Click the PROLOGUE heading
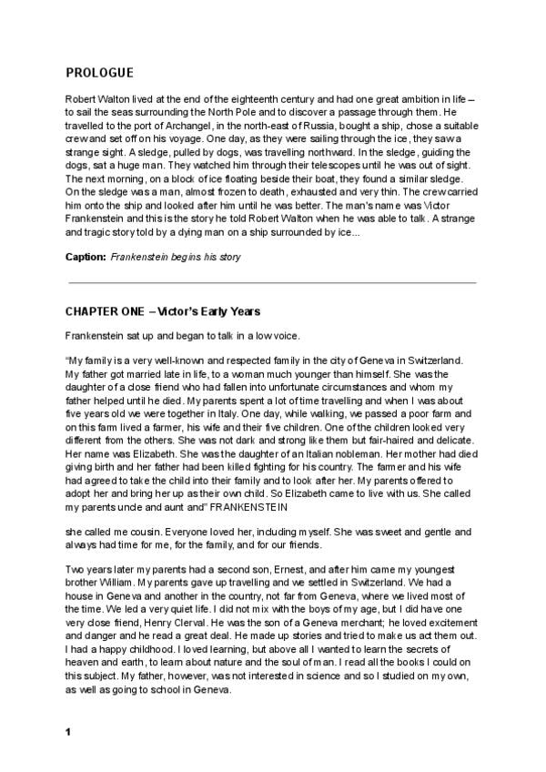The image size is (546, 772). tap(99, 73)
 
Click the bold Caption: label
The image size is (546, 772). tap(86, 257)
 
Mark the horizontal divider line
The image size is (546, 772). tap(271, 283)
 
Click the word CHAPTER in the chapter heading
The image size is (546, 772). tap(92, 311)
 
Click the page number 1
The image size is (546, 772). tap(68, 732)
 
